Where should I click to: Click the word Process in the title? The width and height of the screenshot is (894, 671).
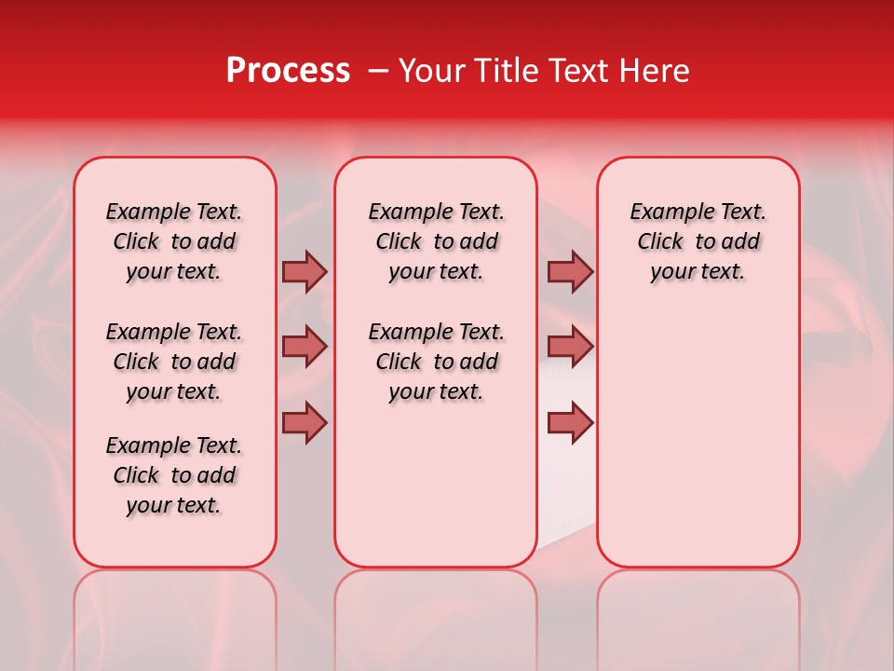(288, 71)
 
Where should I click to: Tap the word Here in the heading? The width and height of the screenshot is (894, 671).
(656, 71)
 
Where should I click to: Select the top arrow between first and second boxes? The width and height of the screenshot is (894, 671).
(305, 272)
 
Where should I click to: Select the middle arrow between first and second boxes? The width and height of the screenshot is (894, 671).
(305, 348)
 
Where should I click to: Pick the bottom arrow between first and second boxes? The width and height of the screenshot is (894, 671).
(305, 423)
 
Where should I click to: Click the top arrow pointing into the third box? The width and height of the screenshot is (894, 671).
(570, 272)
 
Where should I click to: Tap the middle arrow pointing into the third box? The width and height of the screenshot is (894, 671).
(570, 348)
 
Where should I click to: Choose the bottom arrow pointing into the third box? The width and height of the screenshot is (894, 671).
(570, 423)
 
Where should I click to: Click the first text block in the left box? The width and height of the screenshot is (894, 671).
(174, 241)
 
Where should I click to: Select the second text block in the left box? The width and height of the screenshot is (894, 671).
(174, 362)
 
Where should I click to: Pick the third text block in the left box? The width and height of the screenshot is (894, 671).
(174, 475)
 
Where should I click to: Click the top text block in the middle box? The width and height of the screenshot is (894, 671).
(436, 241)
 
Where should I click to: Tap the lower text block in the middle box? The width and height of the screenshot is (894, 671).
(436, 362)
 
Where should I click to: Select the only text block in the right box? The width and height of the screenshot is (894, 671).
(698, 241)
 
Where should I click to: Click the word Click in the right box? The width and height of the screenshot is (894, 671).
(660, 242)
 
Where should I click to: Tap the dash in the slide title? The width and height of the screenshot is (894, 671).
(379, 71)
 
